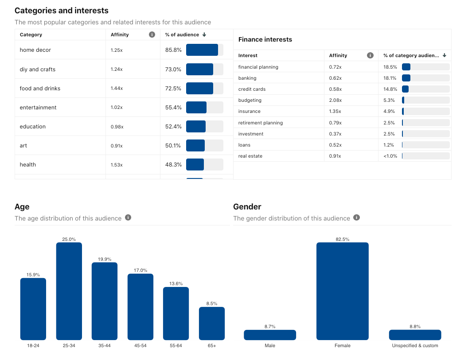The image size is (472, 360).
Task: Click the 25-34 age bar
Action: [x=69, y=291]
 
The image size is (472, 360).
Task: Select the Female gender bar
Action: [x=342, y=291]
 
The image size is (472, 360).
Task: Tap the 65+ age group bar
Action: [x=211, y=323]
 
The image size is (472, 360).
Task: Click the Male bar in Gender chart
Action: [x=269, y=335]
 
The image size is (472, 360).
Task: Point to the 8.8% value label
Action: [x=415, y=326]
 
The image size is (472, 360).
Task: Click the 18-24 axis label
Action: [x=33, y=345]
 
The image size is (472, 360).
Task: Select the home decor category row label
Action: [x=35, y=50]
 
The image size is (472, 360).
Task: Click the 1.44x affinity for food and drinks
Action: [x=117, y=89]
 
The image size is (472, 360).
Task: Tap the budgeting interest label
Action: [x=250, y=100]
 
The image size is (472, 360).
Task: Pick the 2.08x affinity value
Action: [x=335, y=100]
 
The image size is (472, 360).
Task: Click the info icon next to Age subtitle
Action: [x=128, y=217]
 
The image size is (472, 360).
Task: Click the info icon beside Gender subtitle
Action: [x=357, y=217]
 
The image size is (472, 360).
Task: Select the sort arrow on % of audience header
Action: [x=204, y=35]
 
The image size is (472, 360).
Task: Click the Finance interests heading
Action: [x=265, y=39]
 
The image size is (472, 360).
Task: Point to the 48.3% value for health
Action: [x=173, y=165]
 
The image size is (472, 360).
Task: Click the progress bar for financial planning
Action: [x=425, y=67]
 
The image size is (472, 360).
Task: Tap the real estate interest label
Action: [x=250, y=156]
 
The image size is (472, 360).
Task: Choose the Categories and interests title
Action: [x=62, y=11]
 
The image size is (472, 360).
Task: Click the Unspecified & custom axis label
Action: [x=415, y=345]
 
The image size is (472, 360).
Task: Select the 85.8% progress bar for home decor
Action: [x=204, y=50]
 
